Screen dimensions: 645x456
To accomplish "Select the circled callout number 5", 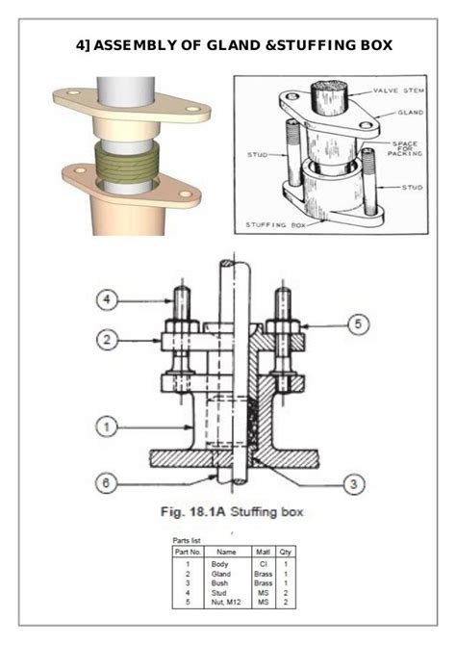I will (x=357, y=325).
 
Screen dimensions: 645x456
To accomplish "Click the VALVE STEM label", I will (x=397, y=90).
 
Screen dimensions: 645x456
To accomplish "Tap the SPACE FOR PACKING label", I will (x=400, y=148).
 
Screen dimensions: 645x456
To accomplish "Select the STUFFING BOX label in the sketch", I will (x=273, y=222).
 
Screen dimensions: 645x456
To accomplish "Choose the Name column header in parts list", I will (x=226, y=552).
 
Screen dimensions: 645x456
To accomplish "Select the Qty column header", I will (x=286, y=552).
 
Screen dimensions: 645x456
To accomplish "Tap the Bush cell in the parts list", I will (x=226, y=583).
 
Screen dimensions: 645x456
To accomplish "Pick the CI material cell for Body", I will (x=262, y=563).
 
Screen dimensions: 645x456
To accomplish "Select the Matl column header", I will (x=262, y=552).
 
